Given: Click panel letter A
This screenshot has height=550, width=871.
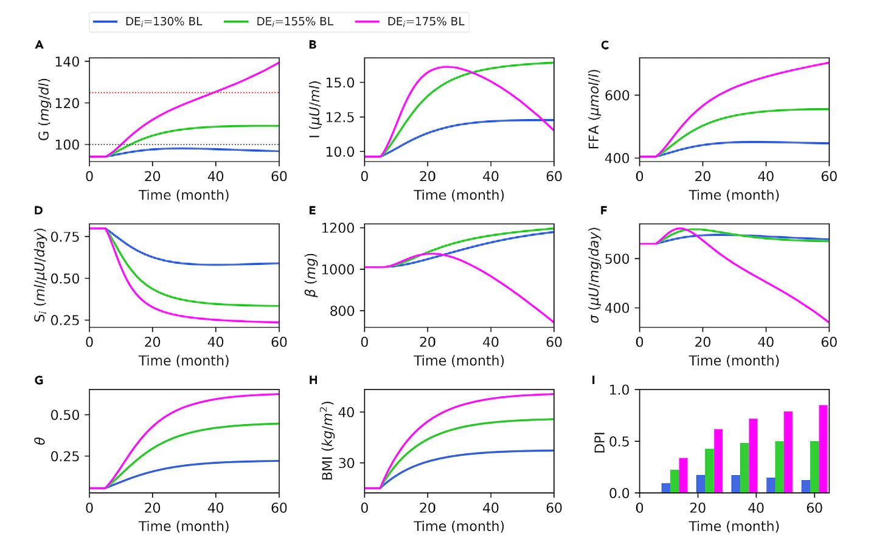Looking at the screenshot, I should pos(40,45).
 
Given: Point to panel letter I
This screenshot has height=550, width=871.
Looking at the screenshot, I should pos(594,380).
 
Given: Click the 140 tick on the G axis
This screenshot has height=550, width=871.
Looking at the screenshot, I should pos(67,62).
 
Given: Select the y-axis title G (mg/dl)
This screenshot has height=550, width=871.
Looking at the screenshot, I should pos(44,109).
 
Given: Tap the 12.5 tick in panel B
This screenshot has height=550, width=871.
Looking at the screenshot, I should pos(339,117).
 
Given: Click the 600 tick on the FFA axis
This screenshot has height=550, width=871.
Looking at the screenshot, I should pos(617,95).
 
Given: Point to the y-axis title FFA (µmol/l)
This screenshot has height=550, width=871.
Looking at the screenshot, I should pos(594,109).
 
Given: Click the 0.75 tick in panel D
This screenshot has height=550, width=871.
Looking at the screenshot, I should pos(64,237).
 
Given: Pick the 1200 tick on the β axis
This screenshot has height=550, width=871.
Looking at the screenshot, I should pos(338,229).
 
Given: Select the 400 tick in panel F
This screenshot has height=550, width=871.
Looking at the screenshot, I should pos(617,308).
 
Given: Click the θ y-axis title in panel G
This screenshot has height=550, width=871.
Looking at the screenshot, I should pos(40,441).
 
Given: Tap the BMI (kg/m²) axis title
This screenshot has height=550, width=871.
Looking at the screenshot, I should pos(328,441).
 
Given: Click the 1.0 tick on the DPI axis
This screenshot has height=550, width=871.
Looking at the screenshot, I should pos(619,390).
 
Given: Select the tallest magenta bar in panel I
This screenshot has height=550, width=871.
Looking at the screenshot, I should pos(823,449).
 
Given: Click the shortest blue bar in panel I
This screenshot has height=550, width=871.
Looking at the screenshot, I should pos(665,488).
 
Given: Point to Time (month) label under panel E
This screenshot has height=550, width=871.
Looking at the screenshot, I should pos(459,361).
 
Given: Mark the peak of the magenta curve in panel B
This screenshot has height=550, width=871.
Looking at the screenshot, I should pos(446,67).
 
